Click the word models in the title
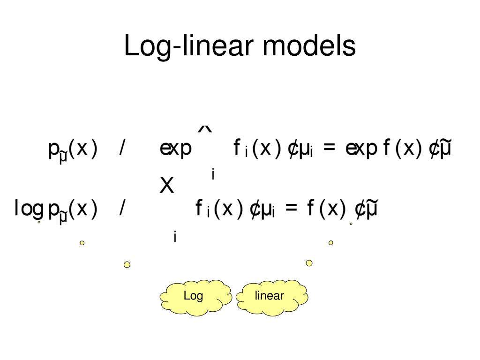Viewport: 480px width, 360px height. (x=309, y=46)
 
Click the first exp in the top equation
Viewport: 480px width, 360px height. (x=176, y=149)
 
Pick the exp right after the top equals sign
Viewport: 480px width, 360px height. (x=362, y=149)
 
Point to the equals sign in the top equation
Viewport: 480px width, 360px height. (x=330, y=149)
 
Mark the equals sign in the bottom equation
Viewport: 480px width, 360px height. (x=291, y=209)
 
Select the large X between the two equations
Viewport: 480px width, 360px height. (x=167, y=187)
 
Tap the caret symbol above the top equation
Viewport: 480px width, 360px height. (x=205, y=129)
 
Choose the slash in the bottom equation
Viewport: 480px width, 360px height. (x=122, y=209)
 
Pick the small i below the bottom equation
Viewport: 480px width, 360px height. (x=175, y=237)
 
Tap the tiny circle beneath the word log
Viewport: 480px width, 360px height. (x=39, y=222)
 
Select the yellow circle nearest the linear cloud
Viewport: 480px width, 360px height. (x=309, y=263)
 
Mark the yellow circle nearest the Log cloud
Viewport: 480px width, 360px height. (x=127, y=265)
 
